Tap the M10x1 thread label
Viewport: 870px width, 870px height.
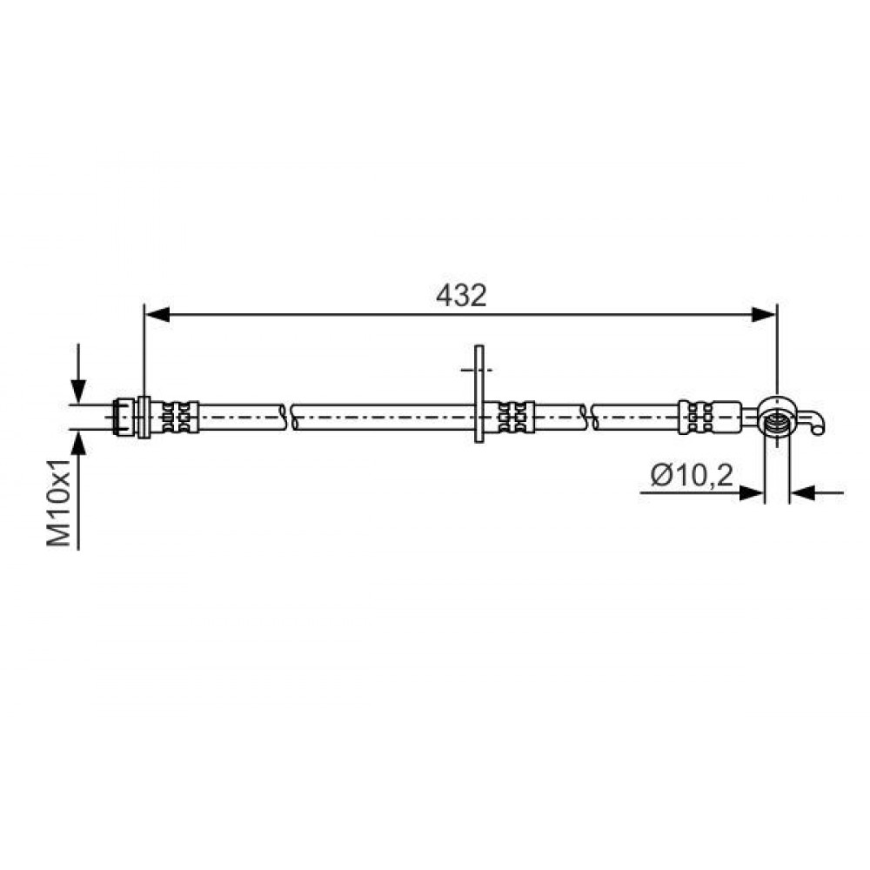click(59, 503)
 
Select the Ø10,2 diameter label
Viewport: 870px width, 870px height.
click(692, 476)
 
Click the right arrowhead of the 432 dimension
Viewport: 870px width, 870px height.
click(764, 315)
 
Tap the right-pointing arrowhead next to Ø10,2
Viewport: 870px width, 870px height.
click(753, 492)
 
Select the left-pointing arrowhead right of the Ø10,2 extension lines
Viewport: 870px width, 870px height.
click(802, 492)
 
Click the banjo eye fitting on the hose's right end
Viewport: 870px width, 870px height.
click(779, 416)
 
